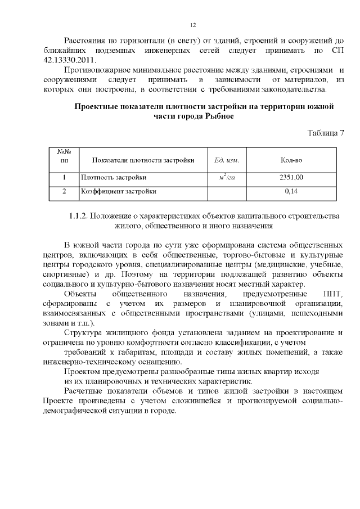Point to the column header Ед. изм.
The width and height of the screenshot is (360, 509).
pyautogui.click(x=227, y=160)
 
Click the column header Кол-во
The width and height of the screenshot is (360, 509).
pyautogui.click(x=291, y=160)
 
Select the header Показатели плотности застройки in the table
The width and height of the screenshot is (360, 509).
pyautogui.click(x=143, y=160)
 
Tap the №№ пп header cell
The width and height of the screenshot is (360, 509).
pyautogui.click(x=64, y=156)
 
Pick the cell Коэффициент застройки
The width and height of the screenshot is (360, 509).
pyautogui.click(x=118, y=191)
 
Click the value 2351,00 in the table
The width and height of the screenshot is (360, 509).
pyautogui.click(x=291, y=178)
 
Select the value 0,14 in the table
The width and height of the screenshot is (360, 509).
pyautogui.click(x=291, y=191)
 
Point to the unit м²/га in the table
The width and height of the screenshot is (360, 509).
pyautogui.click(x=227, y=178)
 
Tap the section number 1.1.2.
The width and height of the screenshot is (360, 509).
pyautogui.click(x=78, y=216)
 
